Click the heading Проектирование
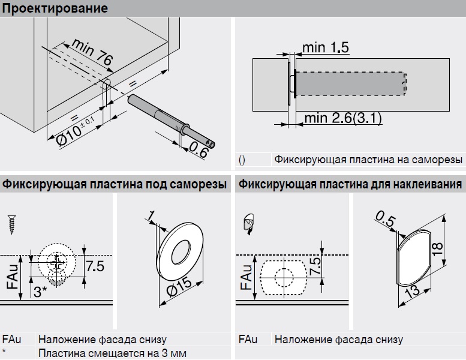point(55,8)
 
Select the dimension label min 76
point(91,54)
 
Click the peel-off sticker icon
point(248,223)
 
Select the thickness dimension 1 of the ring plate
point(152,215)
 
